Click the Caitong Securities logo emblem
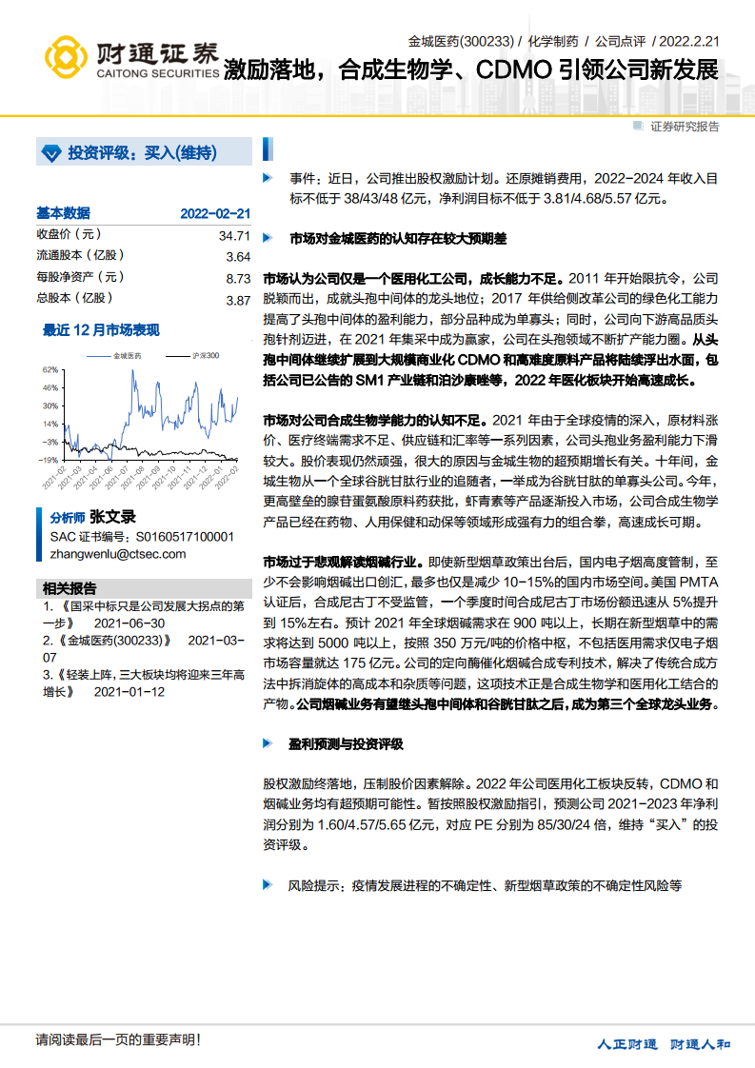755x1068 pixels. click(x=64, y=59)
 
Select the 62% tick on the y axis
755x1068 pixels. click(x=50, y=369)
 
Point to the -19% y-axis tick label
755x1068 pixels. click(x=48, y=460)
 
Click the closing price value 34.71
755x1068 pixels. click(x=233, y=235)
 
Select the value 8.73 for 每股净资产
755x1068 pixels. click(x=237, y=278)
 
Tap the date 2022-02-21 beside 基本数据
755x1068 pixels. click(x=214, y=214)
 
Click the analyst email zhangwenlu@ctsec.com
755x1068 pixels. click(x=118, y=554)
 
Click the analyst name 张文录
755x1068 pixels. click(x=112, y=518)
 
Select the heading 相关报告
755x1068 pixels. click(x=70, y=587)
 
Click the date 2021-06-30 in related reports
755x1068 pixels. click(x=129, y=623)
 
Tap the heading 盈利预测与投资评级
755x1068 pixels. click(x=347, y=742)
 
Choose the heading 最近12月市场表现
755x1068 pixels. click(x=101, y=330)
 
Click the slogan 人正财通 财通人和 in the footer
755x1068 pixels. click(x=664, y=1044)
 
